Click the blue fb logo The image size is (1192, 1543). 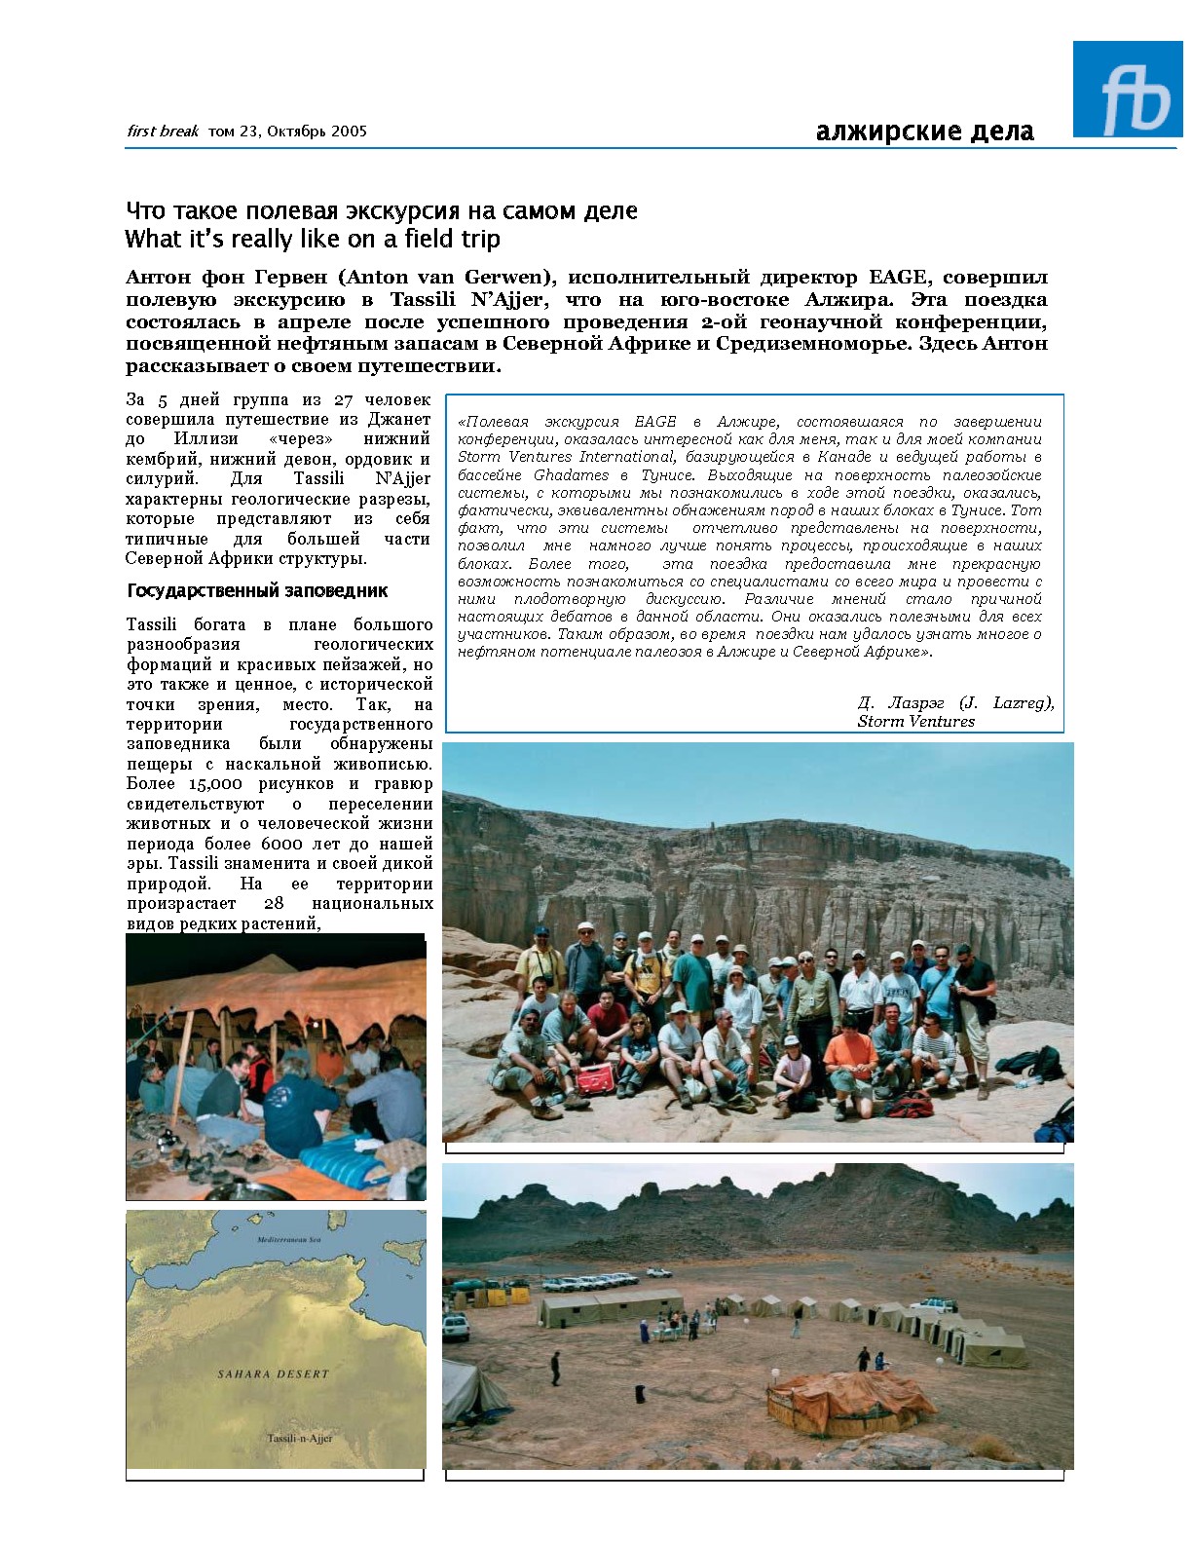(x=1127, y=89)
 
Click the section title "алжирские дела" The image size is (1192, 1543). (x=924, y=132)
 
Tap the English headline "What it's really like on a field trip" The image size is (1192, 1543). (x=313, y=239)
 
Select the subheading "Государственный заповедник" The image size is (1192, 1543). (x=257, y=591)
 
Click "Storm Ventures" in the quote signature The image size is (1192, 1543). (x=915, y=722)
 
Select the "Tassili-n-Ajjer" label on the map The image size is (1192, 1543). (x=300, y=1439)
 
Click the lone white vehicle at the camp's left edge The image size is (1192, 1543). (x=455, y=1326)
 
